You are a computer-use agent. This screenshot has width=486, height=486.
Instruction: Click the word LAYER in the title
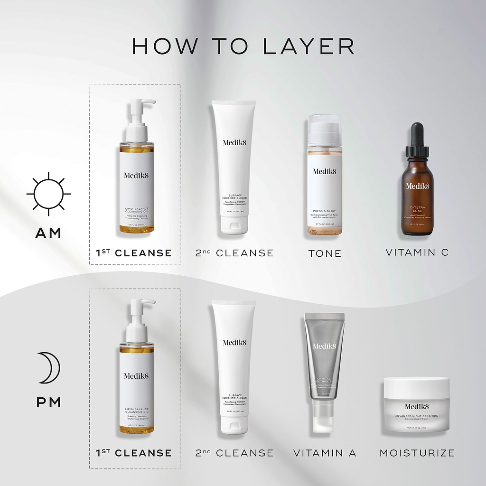click(x=308, y=46)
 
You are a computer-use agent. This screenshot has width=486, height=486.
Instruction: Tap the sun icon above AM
click(x=48, y=194)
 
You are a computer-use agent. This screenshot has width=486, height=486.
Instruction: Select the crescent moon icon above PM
click(x=49, y=367)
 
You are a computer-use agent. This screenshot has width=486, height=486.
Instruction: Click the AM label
click(x=48, y=233)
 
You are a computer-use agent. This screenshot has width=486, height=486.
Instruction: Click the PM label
click(x=49, y=402)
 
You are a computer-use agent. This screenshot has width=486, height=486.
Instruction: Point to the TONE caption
click(x=325, y=253)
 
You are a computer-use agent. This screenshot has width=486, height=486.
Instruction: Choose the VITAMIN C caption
click(x=417, y=252)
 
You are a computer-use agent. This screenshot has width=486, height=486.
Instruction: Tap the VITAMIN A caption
click(x=325, y=453)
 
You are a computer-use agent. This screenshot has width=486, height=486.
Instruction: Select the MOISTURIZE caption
click(x=417, y=453)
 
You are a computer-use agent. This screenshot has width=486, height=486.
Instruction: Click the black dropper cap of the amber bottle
click(x=417, y=138)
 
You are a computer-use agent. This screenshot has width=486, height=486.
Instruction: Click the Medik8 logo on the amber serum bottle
click(x=417, y=186)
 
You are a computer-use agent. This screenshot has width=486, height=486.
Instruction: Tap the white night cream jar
click(x=417, y=404)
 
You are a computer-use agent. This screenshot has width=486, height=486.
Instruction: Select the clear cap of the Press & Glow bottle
click(x=324, y=128)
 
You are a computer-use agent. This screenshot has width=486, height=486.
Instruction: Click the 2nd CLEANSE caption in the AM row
click(x=234, y=253)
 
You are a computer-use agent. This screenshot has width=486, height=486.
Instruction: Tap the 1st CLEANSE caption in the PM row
click(x=134, y=453)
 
